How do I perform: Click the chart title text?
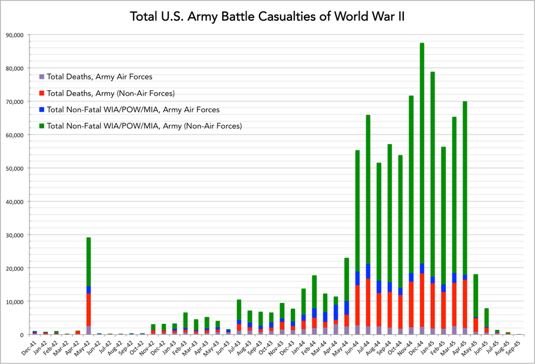[267, 16]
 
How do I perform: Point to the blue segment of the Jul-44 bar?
[368, 271]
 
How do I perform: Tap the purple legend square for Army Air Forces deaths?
[41, 77]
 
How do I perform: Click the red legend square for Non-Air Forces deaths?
[41, 93]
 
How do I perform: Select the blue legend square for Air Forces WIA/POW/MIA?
[41, 110]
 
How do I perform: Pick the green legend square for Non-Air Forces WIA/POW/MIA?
[41, 126]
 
